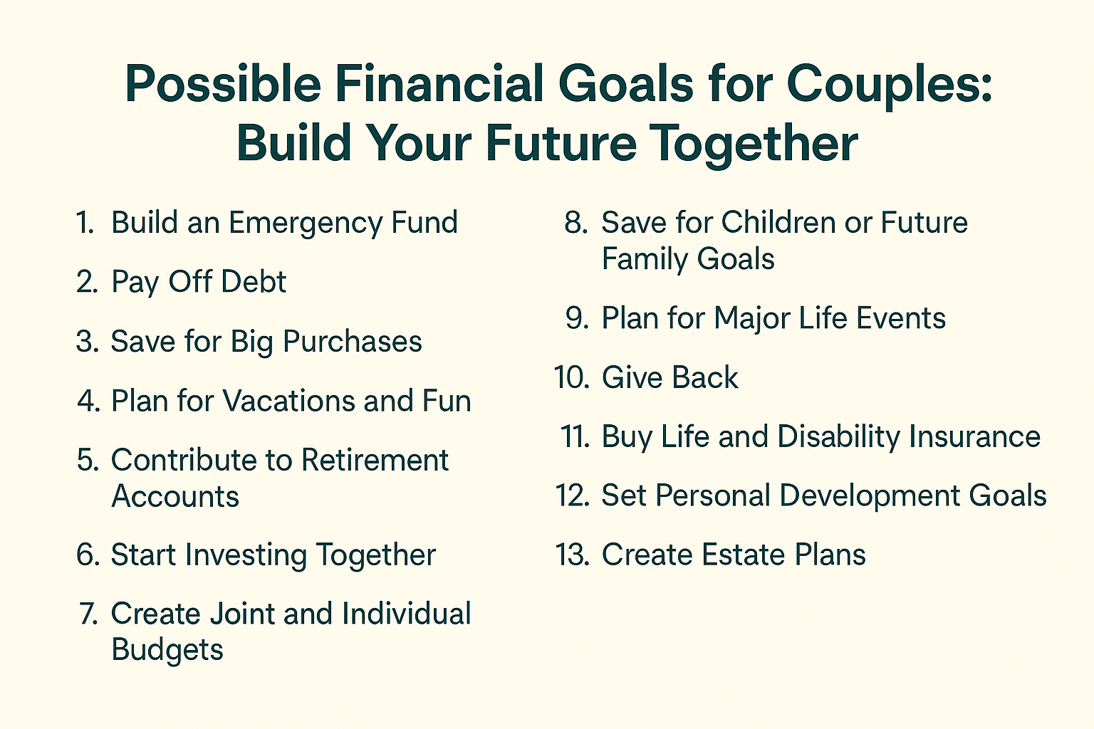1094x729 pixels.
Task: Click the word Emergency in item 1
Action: click(305, 224)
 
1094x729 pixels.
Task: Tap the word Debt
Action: click(253, 282)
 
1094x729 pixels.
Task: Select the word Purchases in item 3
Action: click(352, 342)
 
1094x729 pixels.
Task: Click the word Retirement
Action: click(375, 461)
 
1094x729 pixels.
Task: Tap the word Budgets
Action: click(167, 650)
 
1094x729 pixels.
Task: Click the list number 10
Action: click(572, 377)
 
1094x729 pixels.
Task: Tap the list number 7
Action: click(88, 614)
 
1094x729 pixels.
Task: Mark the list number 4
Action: click(88, 401)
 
